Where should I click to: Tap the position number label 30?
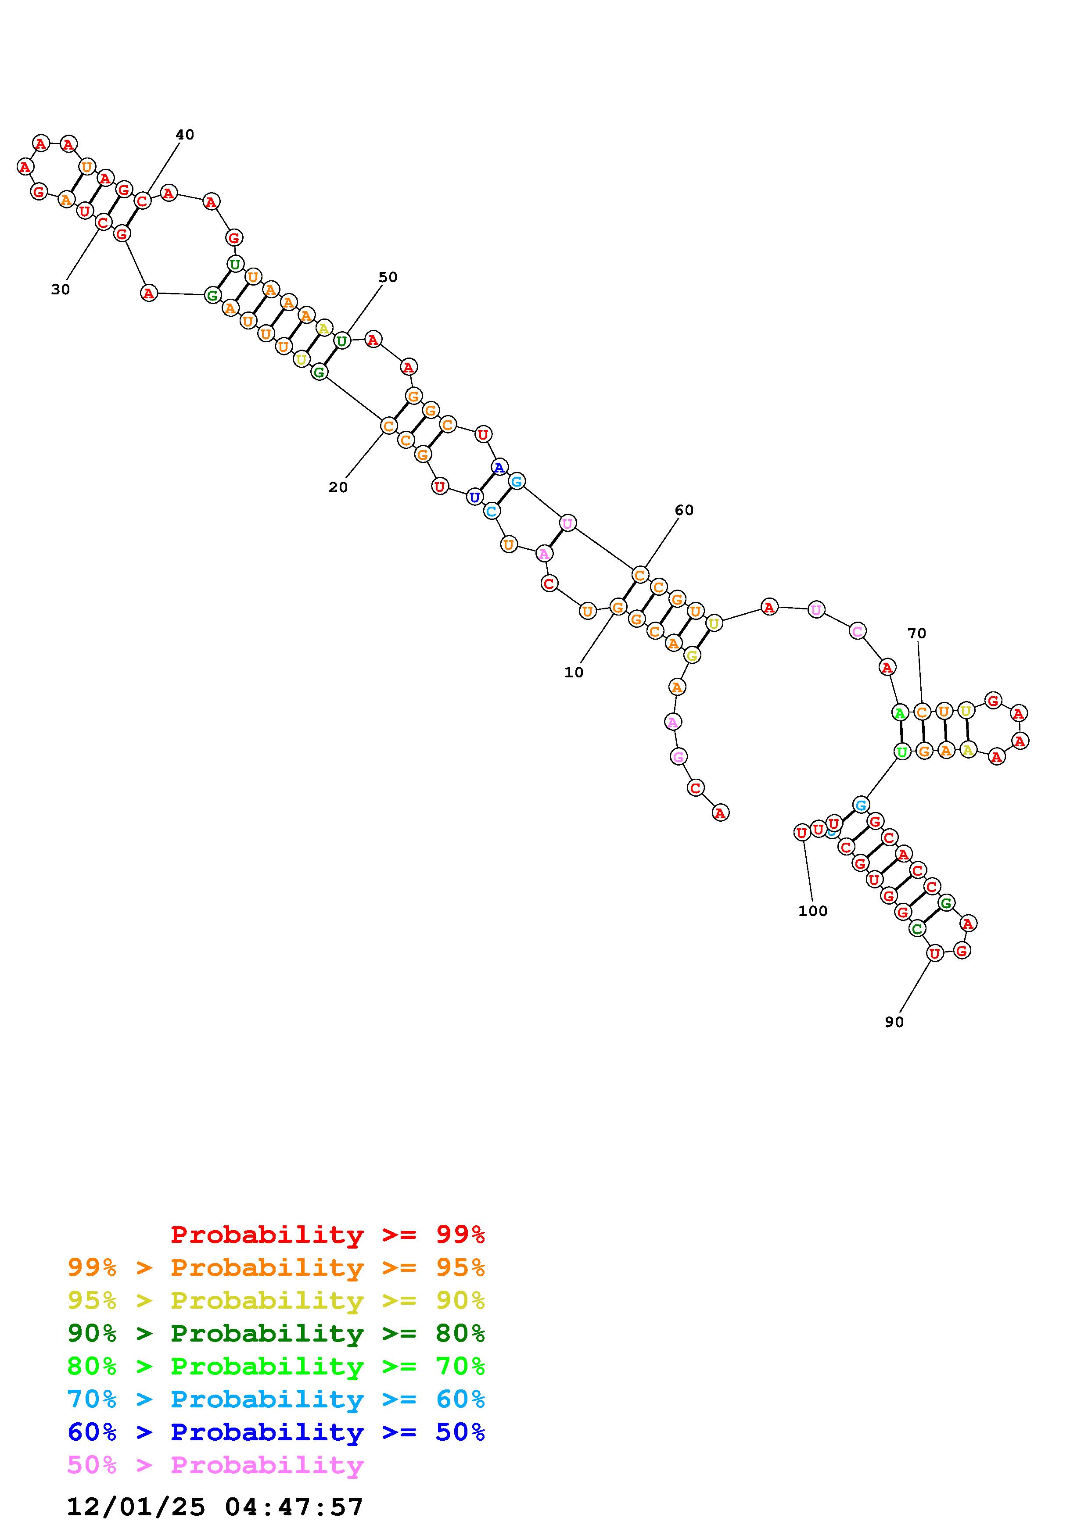click(60, 290)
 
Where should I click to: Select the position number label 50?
click(388, 278)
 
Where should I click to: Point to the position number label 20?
click(338, 488)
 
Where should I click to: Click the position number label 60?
click(684, 510)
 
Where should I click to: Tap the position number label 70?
click(916, 633)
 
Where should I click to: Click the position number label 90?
click(894, 1022)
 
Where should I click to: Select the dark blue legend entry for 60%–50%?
click(276, 1432)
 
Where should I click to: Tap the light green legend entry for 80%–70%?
click(276, 1366)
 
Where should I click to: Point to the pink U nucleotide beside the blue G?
click(567, 523)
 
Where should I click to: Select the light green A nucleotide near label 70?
click(900, 712)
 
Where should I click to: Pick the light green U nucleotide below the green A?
click(902, 752)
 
